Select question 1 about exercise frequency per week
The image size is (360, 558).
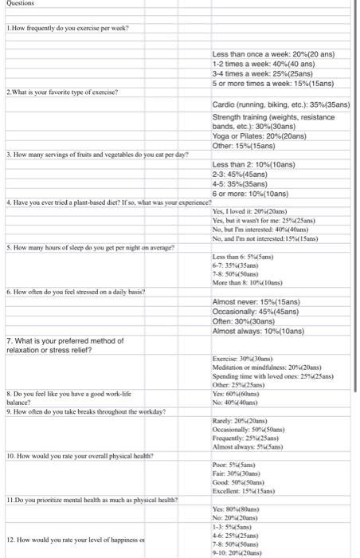(68, 28)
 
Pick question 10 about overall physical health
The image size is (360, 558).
(80, 455)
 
